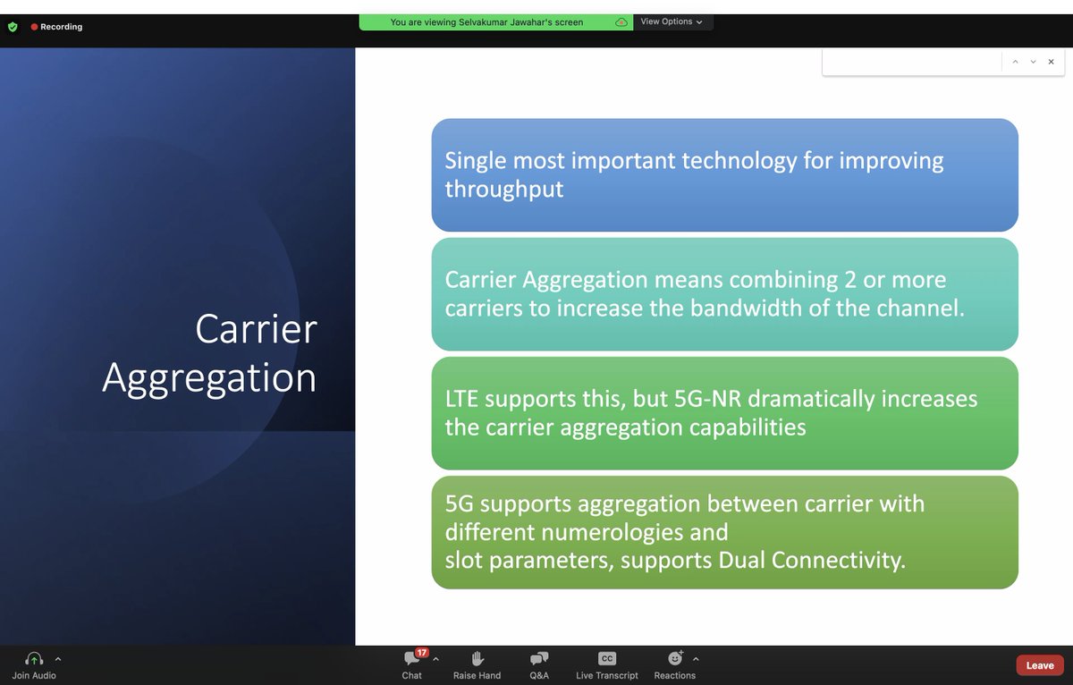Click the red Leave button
1040,664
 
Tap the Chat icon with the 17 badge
412,659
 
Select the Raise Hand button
477,659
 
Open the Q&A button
539,659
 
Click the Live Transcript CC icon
607,659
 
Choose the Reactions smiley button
675,659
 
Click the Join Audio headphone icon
34,659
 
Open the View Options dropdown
672,21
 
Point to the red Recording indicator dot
34,27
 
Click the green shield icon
13,27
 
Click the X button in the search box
1051,62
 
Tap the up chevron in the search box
1015,62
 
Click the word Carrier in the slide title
256,329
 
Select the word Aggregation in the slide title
209,377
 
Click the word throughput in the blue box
504,190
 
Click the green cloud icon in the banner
621,22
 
